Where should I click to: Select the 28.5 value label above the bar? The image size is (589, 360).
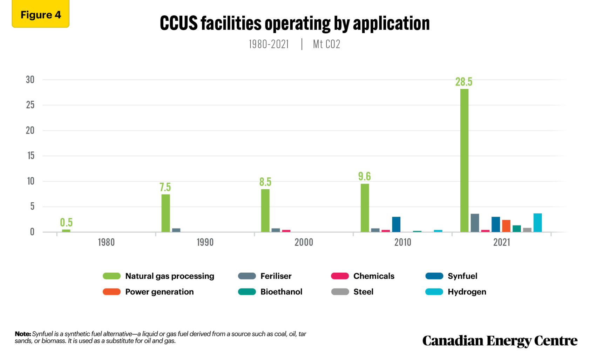(x=463, y=82)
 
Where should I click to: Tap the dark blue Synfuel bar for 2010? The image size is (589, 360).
(x=396, y=224)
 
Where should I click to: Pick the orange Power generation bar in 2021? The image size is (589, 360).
(x=506, y=226)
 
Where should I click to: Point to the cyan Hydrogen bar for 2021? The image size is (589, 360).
(x=537, y=223)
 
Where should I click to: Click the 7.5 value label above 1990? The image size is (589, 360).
(x=165, y=187)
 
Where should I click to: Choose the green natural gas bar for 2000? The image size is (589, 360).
(x=265, y=210)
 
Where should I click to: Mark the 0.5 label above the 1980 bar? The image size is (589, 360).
(x=66, y=222)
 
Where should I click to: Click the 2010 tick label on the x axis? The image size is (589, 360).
(x=402, y=242)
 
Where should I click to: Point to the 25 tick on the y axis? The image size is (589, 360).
(x=31, y=105)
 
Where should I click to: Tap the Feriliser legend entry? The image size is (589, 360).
(x=276, y=276)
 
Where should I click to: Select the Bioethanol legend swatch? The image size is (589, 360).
(x=247, y=292)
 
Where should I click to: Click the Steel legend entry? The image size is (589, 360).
(x=363, y=292)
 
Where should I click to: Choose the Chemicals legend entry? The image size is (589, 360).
(x=373, y=276)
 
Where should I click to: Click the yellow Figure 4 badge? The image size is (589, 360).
(x=41, y=15)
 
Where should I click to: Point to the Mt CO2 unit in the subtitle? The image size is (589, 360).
(x=326, y=44)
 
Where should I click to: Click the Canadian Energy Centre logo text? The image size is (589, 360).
(x=500, y=341)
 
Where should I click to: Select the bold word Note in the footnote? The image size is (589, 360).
(x=23, y=334)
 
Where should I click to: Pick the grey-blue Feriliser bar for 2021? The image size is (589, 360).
(x=475, y=223)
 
